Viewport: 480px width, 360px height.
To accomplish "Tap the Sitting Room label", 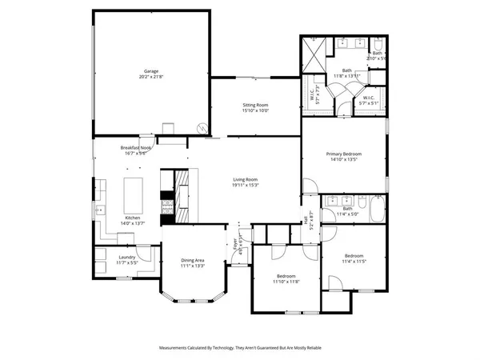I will coord(256,105).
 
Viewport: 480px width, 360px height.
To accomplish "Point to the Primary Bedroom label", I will coord(344,154).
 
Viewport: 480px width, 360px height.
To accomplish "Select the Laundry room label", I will coord(127,258).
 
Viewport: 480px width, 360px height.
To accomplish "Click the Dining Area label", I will coord(193,260).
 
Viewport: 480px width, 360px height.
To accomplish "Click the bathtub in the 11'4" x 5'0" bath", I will coord(376,214).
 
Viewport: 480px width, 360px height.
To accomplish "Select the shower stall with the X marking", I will coord(314,55).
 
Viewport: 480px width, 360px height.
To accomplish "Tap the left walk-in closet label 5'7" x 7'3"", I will coord(314,94).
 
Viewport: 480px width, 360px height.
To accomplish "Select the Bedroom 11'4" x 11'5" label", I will coord(353,258).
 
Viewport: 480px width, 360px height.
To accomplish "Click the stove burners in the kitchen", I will coord(168,206).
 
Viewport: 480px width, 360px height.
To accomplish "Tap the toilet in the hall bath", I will coord(328,214).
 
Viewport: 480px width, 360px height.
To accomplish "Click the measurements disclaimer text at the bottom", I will coord(240,349).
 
